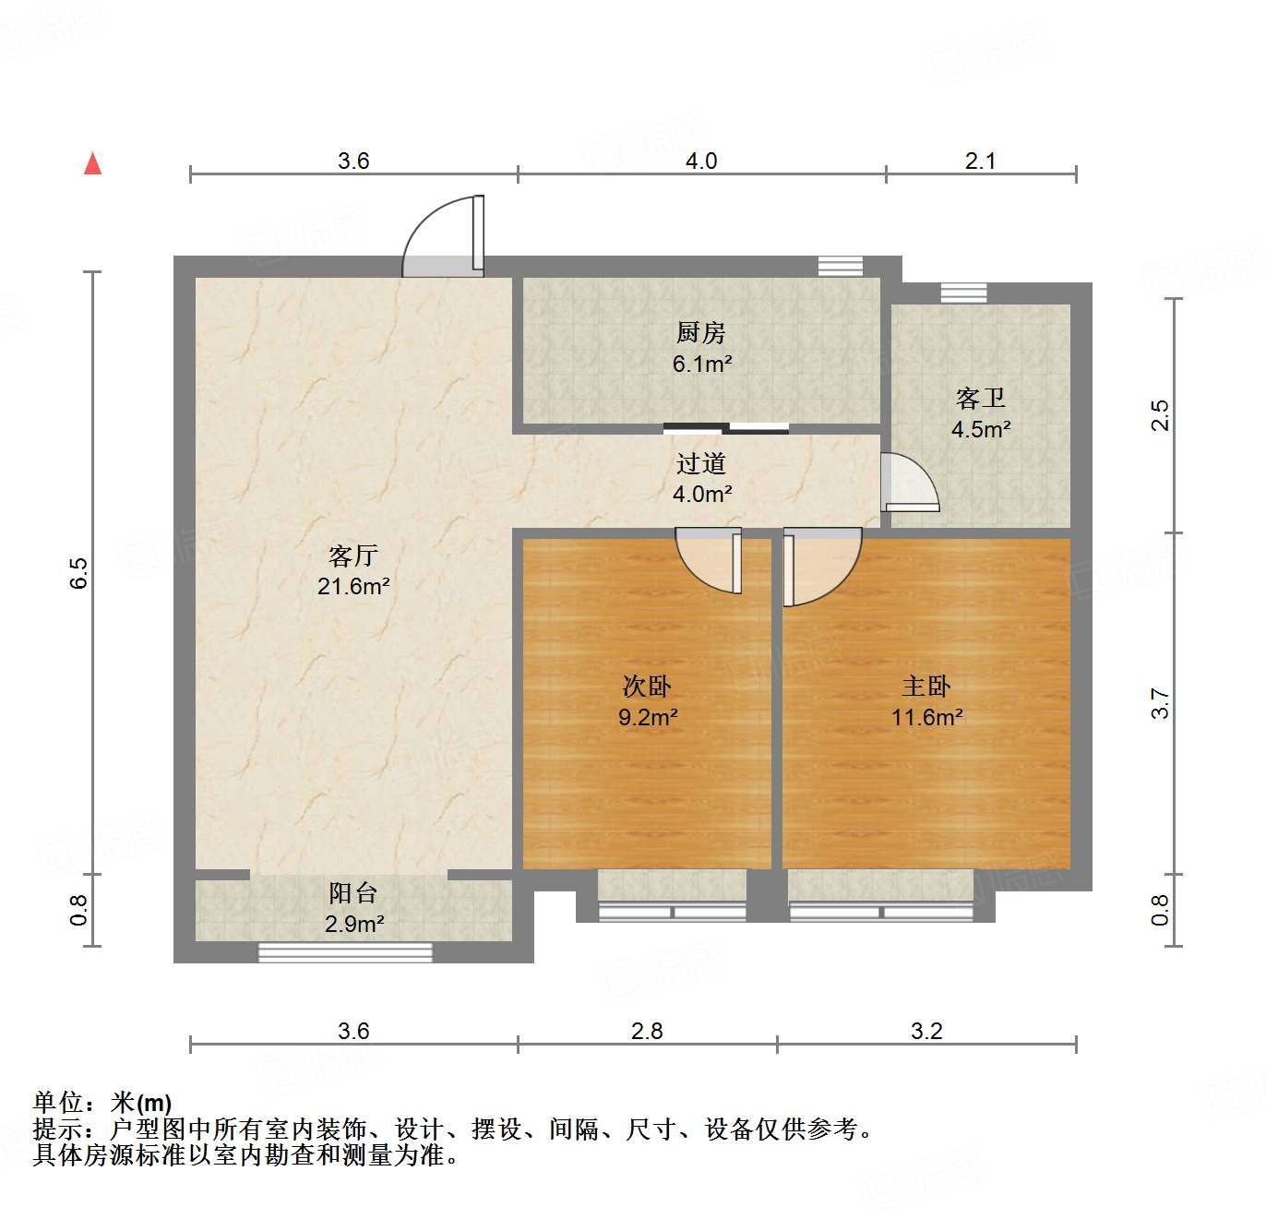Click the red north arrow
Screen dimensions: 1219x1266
tap(92, 163)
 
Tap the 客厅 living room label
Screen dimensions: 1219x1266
tap(352, 556)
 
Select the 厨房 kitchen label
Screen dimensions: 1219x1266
tap(700, 332)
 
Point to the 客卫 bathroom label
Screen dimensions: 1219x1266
tap(980, 399)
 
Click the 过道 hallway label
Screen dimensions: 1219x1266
tap(700, 463)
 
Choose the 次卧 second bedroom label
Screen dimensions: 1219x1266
tap(646, 687)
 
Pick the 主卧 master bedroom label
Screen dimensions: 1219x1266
tap(926, 687)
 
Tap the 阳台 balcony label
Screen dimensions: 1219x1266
tap(352, 893)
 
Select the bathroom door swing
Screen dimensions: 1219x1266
tap(908, 483)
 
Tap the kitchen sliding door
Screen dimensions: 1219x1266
tap(726, 428)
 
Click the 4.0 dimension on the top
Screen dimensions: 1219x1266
tap(700, 161)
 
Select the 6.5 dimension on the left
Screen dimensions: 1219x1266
tap(80, 572)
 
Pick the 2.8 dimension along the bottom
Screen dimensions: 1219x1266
tap(646, 1031)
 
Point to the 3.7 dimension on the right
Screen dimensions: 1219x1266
tap(1160, 704)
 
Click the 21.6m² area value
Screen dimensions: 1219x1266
tap(352, 586)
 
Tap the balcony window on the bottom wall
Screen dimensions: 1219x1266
tap(345, 952)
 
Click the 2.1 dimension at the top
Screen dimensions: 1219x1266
tap(980, 161)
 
